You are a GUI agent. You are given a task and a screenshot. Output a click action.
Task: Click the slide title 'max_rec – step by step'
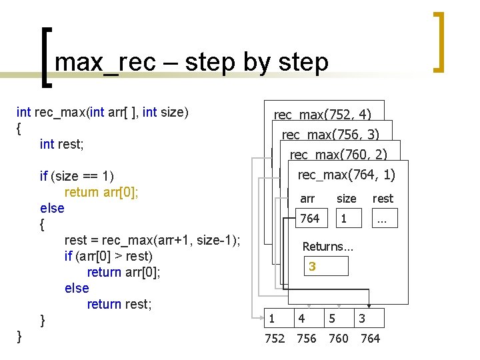pos(191,62)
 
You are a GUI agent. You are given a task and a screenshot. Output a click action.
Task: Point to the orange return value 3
pos(312,267)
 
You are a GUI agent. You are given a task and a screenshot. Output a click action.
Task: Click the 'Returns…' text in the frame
pos(327,246)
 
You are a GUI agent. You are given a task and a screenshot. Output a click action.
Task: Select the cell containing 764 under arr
pos(310,219)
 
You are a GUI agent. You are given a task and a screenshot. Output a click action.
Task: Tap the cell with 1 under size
pos(344,219)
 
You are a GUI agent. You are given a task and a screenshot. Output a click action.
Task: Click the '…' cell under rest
pos(382,219)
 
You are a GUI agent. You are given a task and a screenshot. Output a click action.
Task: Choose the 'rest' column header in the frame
pos(383,198)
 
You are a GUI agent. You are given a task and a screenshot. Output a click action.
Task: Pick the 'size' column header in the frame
pos(346,198)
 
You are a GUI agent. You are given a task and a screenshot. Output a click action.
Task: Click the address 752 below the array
pos(275,339)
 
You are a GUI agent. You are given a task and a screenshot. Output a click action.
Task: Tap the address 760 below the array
pos(339,339)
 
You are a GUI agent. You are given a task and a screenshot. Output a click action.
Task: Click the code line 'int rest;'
pos(65,144)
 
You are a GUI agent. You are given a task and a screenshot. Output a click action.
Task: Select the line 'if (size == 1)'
pos(77,176)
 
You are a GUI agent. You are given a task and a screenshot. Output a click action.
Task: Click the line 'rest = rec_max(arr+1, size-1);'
pos(153,240)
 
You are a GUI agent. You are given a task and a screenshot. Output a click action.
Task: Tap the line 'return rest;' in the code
pos(119,304)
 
